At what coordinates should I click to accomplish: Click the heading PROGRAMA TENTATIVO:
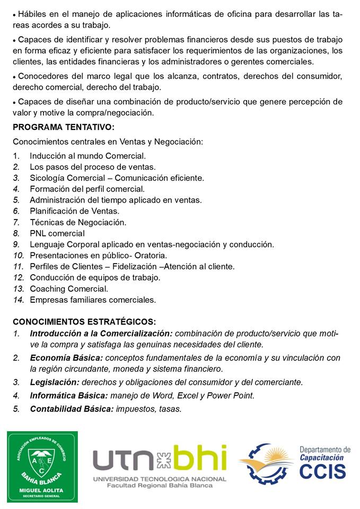tap(64, 127)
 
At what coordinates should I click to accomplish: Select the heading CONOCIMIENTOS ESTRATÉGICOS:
tap(84, 322)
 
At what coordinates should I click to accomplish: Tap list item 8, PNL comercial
tap(57, 233)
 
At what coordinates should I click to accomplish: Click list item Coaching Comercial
tap(69, 289)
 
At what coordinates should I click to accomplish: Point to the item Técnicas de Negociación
tap(78, 222)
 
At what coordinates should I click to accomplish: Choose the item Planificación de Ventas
tap(74, 211)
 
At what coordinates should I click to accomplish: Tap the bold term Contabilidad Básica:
tap(72, 409)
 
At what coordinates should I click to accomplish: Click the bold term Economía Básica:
tap(66, 358)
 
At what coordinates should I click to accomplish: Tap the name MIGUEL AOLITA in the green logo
tap(42, 490)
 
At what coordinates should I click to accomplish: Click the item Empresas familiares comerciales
tap(93, 300)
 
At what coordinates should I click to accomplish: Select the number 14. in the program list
tap(19, 300)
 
